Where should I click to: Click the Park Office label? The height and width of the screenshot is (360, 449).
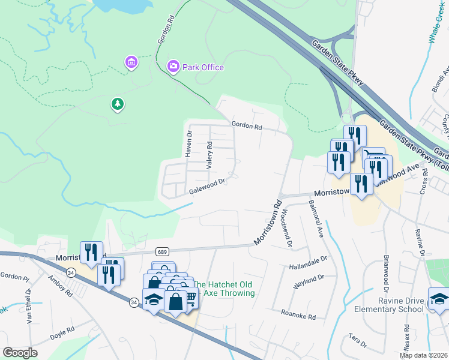pos(203,67)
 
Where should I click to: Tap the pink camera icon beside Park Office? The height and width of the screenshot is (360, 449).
pos(173,66)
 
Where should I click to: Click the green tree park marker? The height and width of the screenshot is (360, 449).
pos(118,104)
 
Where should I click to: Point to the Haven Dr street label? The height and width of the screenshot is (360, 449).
pos(188,144)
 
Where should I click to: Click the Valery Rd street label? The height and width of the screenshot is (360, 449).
pos(209,154)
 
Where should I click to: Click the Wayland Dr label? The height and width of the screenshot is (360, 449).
pos(309,280)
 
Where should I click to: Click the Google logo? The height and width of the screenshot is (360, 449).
pos(20,352)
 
